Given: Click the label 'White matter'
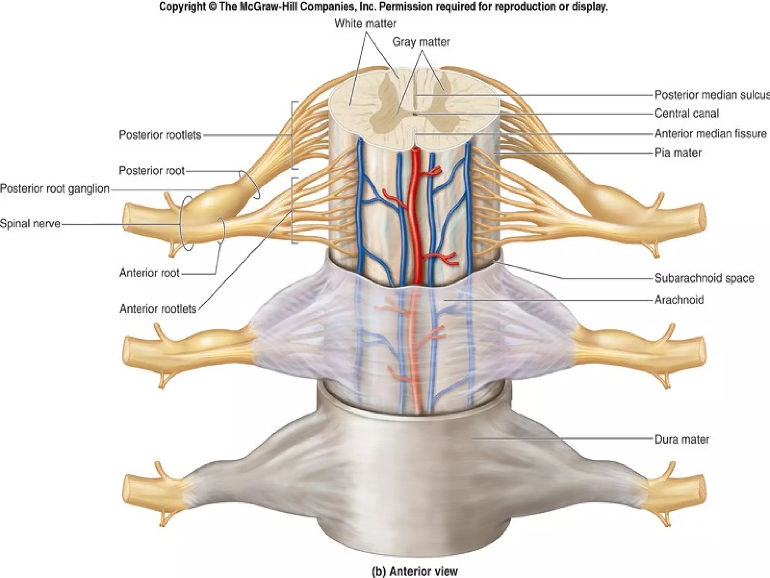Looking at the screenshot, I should pyautogui.click(x=365, y=24).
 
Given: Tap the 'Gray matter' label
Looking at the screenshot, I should pyautogui.click(x=421, y=42).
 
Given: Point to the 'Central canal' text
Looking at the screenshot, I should pyautogui.click(x=687, y=114).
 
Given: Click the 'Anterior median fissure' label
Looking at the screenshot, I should pyautogui.click(x=711, y=134).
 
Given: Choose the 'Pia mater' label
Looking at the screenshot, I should pyautogui.click(x=678, y=153).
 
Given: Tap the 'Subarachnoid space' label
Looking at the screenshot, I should pyautogui.click(x=704, y=278).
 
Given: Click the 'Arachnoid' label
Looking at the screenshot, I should pyautogui.click(x=679, y=300).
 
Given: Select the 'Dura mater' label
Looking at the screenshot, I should pyautogui.click(x=682, y=440).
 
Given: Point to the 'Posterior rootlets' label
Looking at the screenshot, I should pyautogui.click(x=160, y=135).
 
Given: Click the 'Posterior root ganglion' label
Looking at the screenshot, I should pyautogui.click(x=55, y=189).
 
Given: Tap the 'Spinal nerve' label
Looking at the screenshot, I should pyautogui.click(x=30, y=224).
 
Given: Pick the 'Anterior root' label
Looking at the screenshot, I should pyautogui.click(x=149, y=273).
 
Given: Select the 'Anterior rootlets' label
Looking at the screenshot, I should pyautogui.click(x=158, y=309).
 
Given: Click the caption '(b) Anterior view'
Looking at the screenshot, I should pyautogui.click(x=414, y=571).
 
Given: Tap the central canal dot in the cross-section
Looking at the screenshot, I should pyautogui.click(x=414, y=113).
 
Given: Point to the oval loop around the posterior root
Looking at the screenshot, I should pyautogui.click(x=249, y=184).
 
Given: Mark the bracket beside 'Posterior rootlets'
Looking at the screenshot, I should pyautogui.click(x=293, y=135).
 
